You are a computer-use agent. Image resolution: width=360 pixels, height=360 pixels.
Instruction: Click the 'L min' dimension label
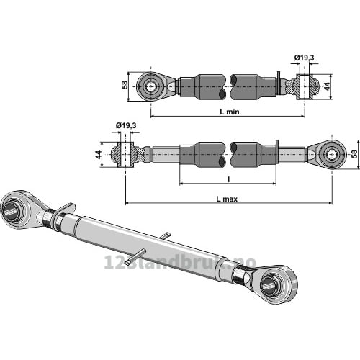[230, 112]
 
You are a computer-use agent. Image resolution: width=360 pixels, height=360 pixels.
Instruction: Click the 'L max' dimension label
[227, 199]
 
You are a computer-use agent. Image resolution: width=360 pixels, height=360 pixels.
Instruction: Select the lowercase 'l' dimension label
[228, 179]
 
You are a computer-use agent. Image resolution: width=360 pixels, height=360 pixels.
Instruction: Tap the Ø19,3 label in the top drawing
[304, 58]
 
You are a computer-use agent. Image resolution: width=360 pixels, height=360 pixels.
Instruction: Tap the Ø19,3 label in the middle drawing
[126, 125]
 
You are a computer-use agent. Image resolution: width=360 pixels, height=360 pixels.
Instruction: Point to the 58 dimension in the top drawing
[125, 85]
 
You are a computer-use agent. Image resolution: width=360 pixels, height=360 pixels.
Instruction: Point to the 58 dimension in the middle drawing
[354, 153]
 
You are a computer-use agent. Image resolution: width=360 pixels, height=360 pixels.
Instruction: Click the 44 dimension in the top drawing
[327, 86]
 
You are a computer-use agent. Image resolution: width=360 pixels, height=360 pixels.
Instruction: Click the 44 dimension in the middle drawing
[98, 155]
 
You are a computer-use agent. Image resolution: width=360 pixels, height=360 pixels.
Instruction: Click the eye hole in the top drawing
[151, 86]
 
